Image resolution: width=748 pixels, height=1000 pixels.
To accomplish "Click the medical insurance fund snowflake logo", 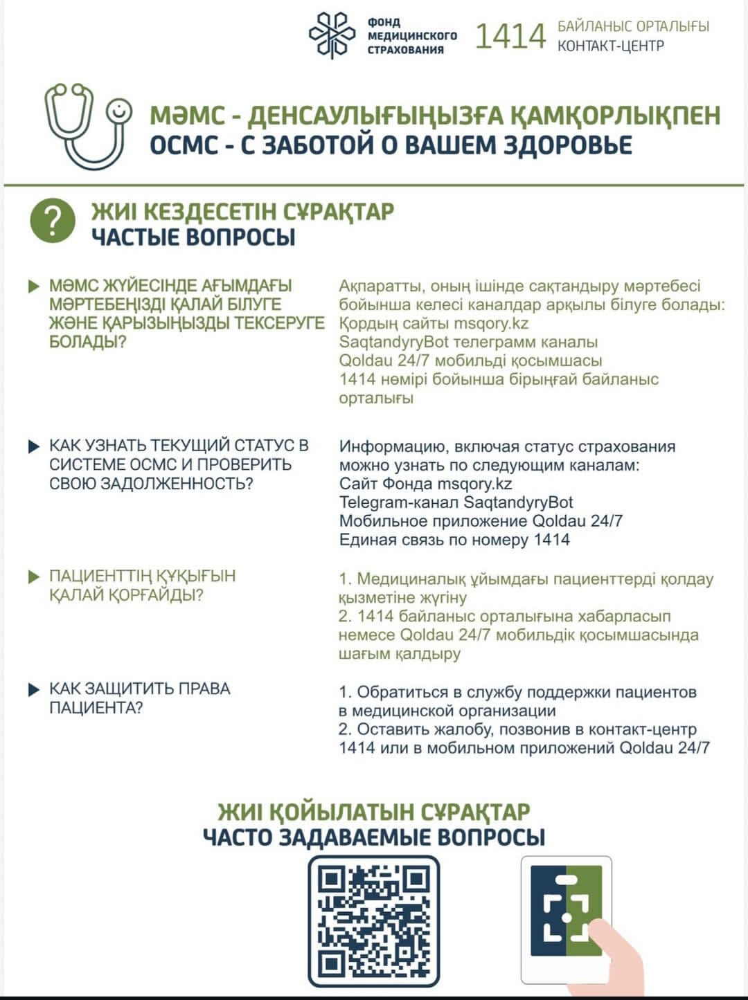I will pyautogui.click(x=332, y=35).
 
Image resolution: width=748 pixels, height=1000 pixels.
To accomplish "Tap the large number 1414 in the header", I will pyautogui.click(x=510, y=37).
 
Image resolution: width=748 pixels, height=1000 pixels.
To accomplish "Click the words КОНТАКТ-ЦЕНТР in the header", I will pyautogui.click(x=611, y=46).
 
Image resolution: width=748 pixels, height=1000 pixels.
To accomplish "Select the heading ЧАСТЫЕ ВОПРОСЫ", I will pyautogui.click(x=193, y=237).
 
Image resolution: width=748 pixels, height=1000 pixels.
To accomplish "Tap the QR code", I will pyautogui.click(x=373, y=920).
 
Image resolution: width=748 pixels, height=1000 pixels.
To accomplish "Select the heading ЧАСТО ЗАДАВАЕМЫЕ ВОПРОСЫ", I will pyautogui.click(x=374, y=837).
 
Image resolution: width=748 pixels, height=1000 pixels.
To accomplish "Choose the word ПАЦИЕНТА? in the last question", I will pyautogui.click(x=96, y=708).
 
